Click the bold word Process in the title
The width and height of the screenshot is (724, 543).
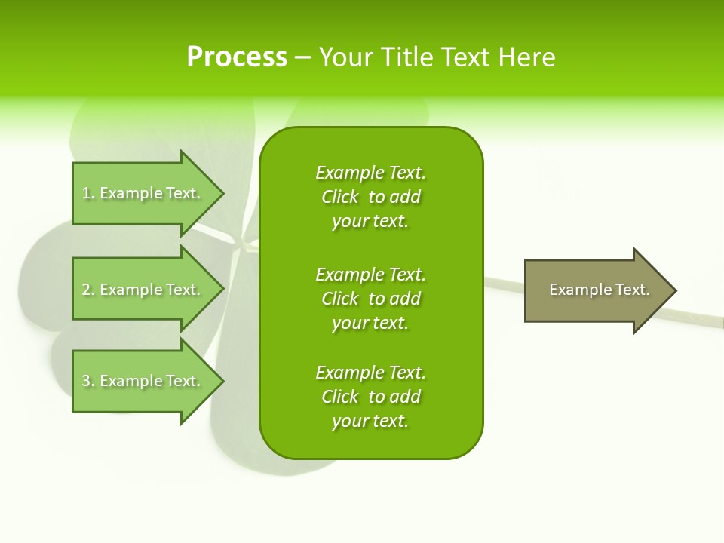(237, 57)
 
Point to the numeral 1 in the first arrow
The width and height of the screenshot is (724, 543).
(86, 193)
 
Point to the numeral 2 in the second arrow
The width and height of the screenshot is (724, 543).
(86, 290)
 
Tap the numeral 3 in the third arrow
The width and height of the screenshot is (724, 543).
(86, 381)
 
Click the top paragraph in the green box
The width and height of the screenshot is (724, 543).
(370, 197)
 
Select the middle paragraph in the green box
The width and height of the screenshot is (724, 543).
(370, 299)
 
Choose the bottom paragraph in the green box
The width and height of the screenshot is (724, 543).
(370, 397)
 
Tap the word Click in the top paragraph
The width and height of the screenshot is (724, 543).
(340, 197)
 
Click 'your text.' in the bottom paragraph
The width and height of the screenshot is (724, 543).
(370, 421)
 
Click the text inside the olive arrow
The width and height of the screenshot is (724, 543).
(599, 290)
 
